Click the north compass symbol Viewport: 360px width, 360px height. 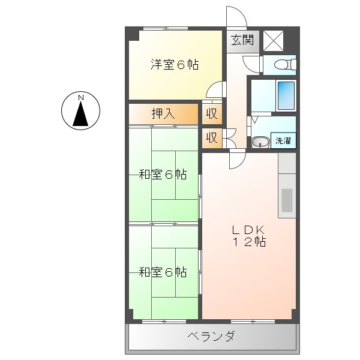(x=81, y=112)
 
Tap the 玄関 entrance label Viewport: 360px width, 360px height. (x=243, y=41)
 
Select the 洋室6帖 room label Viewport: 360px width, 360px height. (x=174, y=64)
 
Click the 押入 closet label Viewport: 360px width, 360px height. (x=163, y=113)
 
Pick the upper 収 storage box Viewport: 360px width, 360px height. (x=212, y=113)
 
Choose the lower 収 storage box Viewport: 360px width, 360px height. (x=212, y=137)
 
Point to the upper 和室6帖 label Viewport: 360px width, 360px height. (x=163, y=175)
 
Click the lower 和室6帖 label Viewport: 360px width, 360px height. (x=163, y=272)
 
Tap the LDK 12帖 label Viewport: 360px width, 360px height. (x=248, y=236)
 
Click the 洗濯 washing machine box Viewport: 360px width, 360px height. (x=283, y=141)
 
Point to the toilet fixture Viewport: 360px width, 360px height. (x=280, y=65)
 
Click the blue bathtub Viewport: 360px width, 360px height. (x=286, y=94)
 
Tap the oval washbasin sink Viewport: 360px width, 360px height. (x=260, y=142)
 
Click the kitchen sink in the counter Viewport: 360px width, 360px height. (x=287, y=199)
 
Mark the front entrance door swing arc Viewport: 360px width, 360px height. (x=236, y=16)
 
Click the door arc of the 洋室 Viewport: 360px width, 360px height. (x=214, y=90)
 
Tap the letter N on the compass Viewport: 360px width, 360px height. (x=81, y=97)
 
